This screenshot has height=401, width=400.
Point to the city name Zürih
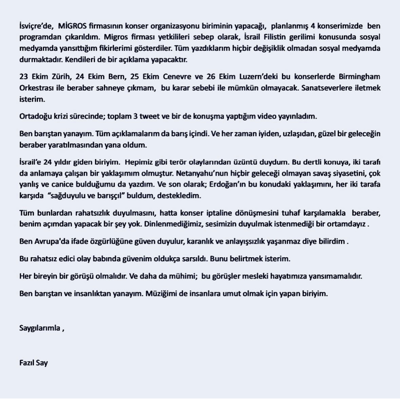pyautogui.click(x=59, y=77)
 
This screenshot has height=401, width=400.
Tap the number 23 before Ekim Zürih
pyautogui.click(x=23, y=77)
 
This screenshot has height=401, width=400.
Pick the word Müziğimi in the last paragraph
pyautogui.click(x=160, y=294)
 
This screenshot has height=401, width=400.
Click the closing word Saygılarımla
pyautogui.click(x=40, y=328)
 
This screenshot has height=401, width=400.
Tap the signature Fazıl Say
pyautogui.click(x=33, y=363)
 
